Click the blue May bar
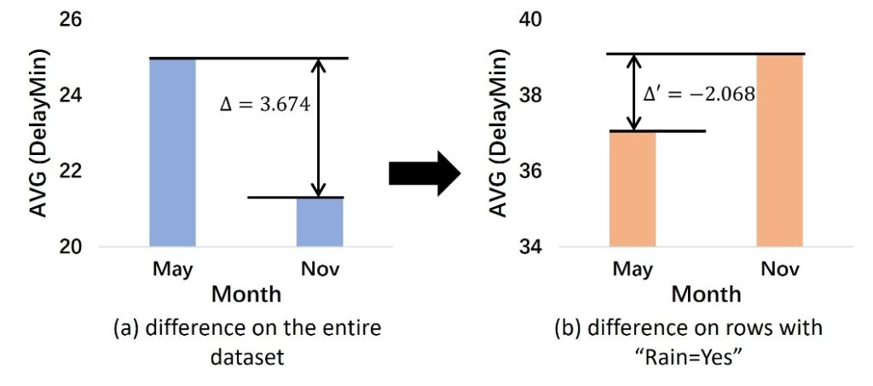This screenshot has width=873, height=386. pyautogui.click(x=173, y=153)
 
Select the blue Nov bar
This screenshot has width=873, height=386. pyautogui.click(x=321, y=222)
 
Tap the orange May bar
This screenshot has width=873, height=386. pyautogui.click(x=633, y=189)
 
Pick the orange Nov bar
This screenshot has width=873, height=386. pyautogui.click(x=780, y=151)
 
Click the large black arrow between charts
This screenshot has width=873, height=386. pyautogui.click(x=425, y=173)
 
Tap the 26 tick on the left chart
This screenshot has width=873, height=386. pyautogui.click(x=71, y=20)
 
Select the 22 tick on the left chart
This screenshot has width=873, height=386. pyautogui.click(x=71, y=171)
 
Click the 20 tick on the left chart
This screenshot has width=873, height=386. pyautogui.click(x=71, y=247)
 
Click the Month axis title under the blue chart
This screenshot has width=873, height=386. pyautogui.click(x=246, y=295)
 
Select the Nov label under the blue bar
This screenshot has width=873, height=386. pyautogui.click(x=321, y=270)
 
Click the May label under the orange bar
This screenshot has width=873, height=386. pyautogui.click(x=633, y=270)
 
